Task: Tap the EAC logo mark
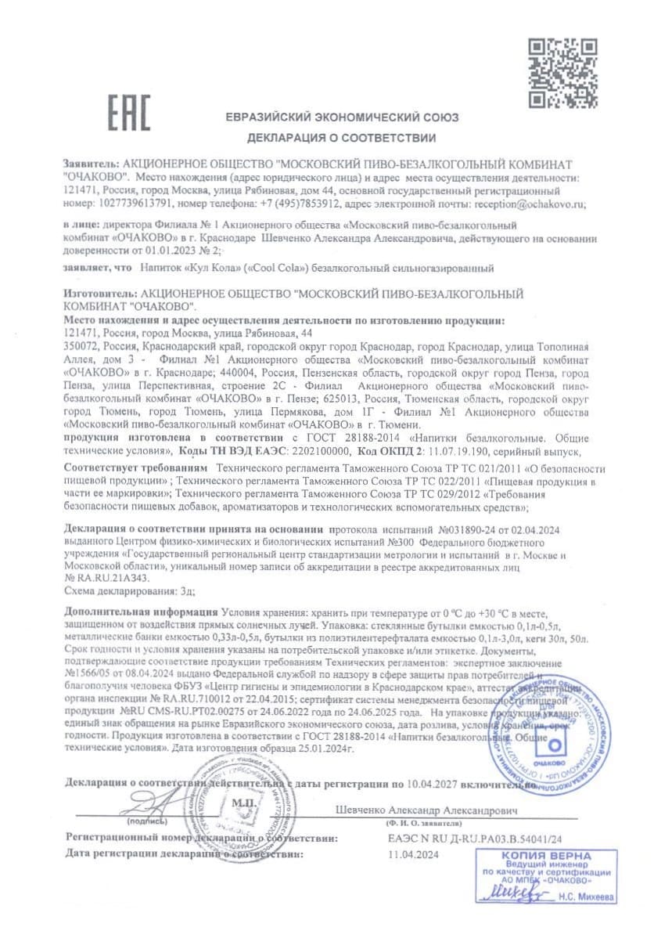[x=128, y=114]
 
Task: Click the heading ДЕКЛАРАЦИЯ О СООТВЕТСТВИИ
[x=342, y=139]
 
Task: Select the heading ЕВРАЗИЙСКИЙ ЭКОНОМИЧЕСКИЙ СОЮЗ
[x=342, y=117]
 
